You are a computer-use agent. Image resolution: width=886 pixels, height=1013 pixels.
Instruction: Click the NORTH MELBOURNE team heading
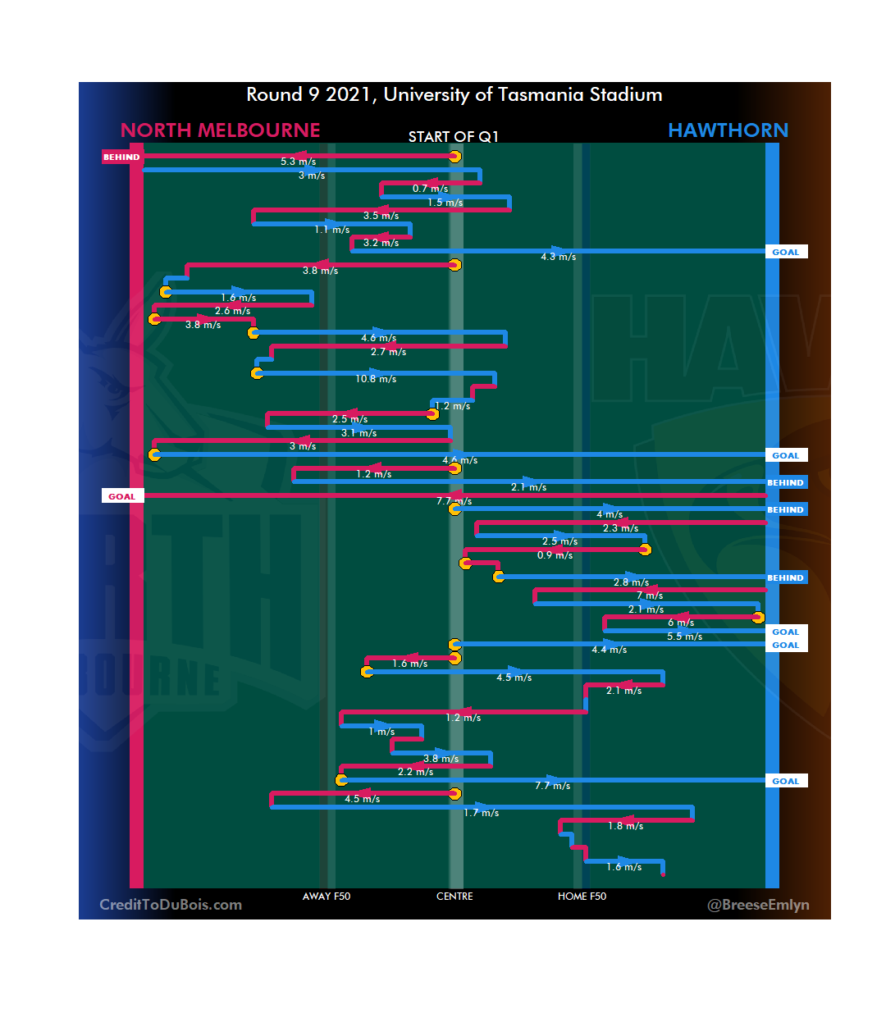(x=220, y=130)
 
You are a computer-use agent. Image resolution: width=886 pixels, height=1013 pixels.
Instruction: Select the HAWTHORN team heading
(x=728, y=130)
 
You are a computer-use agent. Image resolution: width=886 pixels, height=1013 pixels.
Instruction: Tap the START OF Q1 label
(x=453, y=136)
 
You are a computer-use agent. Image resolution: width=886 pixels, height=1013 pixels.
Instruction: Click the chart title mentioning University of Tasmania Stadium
(x=454, y=95)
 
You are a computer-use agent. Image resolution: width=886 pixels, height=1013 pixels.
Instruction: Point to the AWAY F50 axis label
(x=327, y=897)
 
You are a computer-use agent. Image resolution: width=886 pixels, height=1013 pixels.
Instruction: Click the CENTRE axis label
(x=454, y=897)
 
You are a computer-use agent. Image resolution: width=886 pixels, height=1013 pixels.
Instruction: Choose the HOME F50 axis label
(x=582, y=897)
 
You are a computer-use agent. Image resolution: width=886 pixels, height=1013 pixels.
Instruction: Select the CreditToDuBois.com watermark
(x=171, y=905)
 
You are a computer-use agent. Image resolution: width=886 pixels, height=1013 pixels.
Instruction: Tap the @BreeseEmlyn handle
(x=758, y=905)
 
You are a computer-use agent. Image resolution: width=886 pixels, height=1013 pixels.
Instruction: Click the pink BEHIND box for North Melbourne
(x=121, y=157)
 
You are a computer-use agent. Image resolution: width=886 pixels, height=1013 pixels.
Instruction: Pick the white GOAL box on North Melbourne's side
(x=122, y=496)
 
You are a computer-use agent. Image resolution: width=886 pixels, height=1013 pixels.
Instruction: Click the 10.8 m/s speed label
(x=376, y=379)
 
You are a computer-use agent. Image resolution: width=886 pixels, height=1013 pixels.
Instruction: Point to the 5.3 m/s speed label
(x=298, y=162)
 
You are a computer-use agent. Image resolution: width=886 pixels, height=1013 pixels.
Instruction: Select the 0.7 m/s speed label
(x=430, y=189)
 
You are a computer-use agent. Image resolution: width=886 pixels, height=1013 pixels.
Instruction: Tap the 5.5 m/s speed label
(x=684, y=637)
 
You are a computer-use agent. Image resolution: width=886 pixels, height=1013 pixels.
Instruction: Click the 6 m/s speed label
(x=681, y=623)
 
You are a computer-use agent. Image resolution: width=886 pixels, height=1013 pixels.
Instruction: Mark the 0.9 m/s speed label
(x=555, y=555)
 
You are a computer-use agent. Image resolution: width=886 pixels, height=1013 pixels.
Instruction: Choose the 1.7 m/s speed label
(x=481, y=813)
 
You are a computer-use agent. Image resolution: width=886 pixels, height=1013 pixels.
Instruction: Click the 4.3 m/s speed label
(x=558, y=257)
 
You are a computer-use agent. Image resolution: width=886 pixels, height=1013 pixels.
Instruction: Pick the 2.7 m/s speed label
(x=388, y=352)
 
